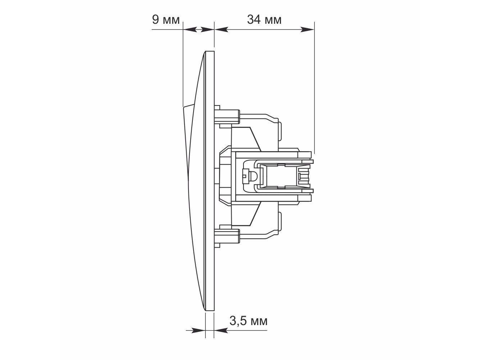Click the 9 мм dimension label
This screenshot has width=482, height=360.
pos(166,20)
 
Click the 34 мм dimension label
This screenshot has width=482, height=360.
pos(264,20)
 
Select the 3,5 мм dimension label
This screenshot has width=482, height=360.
pos(248,321)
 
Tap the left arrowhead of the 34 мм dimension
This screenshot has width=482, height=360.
pos(221,30)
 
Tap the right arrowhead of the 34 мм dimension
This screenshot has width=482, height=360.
pos(307,30)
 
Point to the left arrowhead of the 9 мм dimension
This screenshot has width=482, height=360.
pos(190,30)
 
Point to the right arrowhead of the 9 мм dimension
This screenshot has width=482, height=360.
pos(207,30)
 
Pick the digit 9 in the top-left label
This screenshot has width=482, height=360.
pos(155,20)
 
